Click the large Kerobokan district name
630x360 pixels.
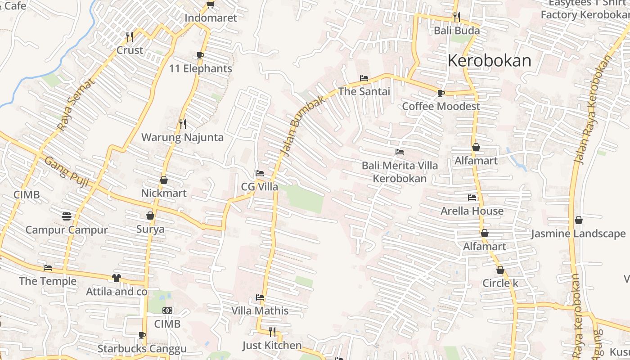point(490,60)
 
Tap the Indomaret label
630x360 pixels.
point(211,18)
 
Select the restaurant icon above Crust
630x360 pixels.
point(130,36)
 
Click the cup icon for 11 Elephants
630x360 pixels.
point(200,55)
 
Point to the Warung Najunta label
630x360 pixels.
point(182,137)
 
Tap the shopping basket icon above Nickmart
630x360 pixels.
point(164,180)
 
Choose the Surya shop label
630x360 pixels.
point(150,229)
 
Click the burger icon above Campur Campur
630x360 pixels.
point(67,216)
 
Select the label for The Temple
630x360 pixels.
point(48,281)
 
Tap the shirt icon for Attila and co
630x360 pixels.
point(117,278)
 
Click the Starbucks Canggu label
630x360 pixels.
point(142,349)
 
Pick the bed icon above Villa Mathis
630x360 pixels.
point(260,297)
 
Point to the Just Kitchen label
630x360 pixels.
point(272,345)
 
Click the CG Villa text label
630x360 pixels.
point(259,187)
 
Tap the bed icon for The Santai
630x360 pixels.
point(364,78)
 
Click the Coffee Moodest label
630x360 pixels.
point(441,106)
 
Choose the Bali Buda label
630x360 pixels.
point(456,31)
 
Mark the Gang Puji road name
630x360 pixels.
point(67,172)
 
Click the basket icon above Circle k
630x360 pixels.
point(500,270)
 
